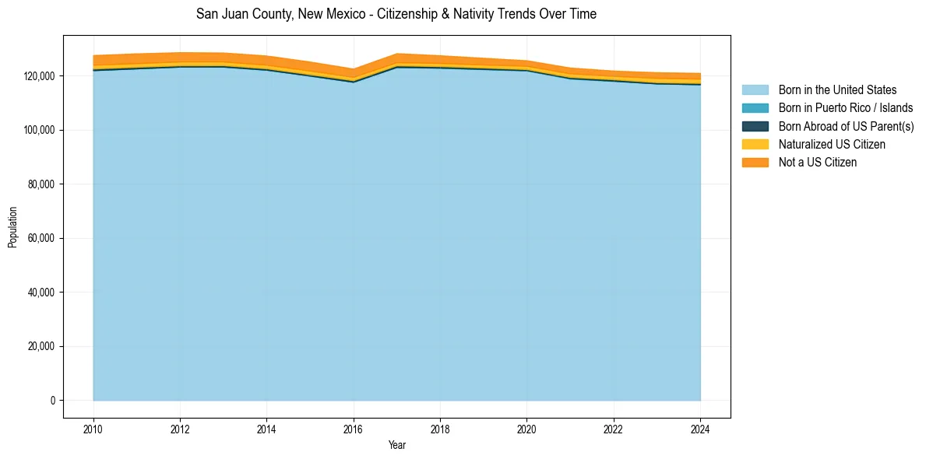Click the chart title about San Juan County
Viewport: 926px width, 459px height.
coord(396,14)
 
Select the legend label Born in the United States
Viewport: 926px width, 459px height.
coord(837,90)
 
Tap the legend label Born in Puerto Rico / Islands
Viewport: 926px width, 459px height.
coord(845,108)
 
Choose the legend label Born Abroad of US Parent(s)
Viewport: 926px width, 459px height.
coord(846,126)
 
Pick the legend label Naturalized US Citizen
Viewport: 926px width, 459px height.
coord(832,145)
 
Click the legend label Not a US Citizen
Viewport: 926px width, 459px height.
coord(817,163)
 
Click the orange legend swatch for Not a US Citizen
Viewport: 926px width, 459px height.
coord(755,163)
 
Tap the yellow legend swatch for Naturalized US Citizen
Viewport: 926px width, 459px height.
coord(755,145)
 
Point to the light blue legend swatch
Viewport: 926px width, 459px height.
coord(755,90)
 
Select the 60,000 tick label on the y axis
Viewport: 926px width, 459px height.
coord(41,238)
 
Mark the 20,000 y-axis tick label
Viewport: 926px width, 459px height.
coord(41,346)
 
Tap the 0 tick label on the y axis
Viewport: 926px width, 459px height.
coord(53,401)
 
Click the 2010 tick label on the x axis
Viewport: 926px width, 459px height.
coord(93,429)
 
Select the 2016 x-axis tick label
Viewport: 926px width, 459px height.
coord(354,429)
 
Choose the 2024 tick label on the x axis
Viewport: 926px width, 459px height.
coord(700,429)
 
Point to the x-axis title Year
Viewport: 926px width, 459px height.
coord(396,446)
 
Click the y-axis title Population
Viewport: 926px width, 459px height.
coord(12,227)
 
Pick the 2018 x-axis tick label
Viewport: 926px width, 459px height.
coord(440,429)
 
